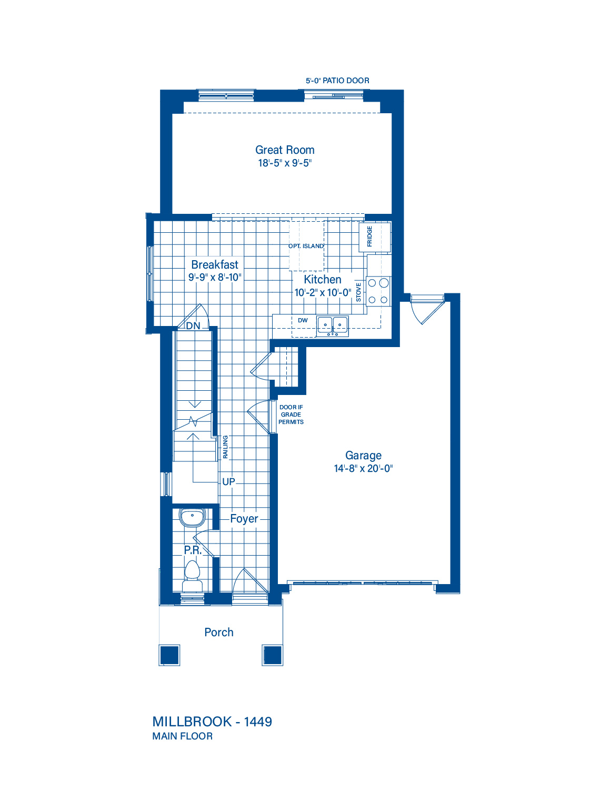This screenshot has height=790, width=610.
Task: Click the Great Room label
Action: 284,150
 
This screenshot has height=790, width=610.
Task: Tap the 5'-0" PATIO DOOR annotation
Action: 337,81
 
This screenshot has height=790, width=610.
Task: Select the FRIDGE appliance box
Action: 375,237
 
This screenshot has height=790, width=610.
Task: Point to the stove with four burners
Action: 378,291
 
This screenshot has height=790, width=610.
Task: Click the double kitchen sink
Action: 333,325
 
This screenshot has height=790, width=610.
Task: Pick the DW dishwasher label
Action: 303,320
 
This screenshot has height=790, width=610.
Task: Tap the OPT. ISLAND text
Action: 306,246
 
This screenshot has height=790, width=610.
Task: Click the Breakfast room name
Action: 215,264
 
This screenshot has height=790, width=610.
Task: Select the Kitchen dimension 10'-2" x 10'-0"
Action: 323,292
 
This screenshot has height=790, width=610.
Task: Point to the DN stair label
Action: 193,325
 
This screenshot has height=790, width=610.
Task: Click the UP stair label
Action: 228,482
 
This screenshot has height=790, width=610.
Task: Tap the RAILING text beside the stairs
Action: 225,447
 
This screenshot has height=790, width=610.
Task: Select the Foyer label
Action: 244,518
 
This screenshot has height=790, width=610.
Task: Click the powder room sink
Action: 193,517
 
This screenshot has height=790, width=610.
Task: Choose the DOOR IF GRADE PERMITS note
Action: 291,414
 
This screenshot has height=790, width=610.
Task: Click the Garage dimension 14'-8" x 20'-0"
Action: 363,468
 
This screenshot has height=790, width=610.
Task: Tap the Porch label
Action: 219,632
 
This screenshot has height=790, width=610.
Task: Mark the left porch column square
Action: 169,655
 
